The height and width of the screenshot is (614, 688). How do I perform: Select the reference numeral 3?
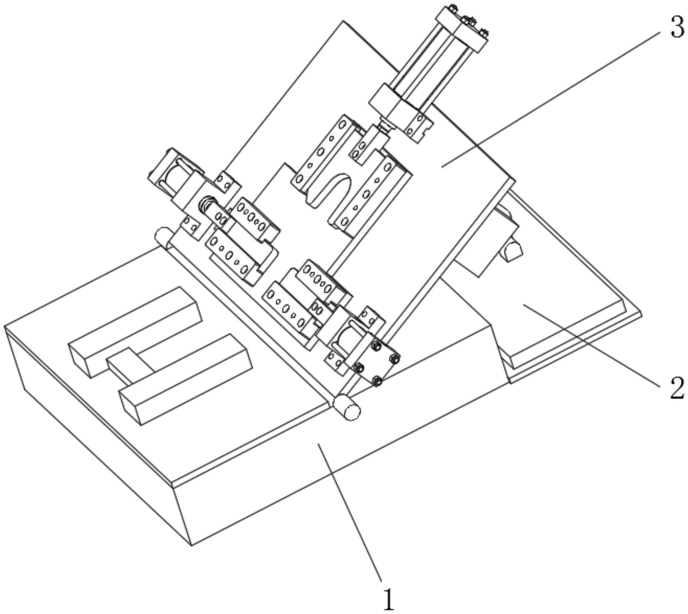click(x=677, y=28)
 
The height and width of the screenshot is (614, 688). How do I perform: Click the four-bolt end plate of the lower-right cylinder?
click(x=377, y=365)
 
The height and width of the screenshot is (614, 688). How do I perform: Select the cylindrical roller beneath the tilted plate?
click(x=513, y=249)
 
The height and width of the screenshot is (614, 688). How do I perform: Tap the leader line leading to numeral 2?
click(x=592, y=345)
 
